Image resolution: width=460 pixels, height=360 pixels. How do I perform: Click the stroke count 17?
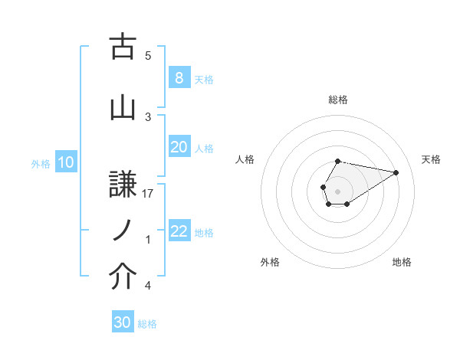[149, 194]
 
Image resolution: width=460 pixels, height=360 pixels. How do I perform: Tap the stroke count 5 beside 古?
[148, 55]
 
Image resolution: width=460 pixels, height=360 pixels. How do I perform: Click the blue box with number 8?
[179, 77]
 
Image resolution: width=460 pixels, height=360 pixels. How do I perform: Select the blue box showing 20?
[179, 147]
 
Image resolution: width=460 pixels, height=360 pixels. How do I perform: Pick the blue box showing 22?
[179, 231]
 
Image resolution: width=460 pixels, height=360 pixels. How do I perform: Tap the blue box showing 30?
[123, 322]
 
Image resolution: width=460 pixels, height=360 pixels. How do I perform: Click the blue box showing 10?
[66, 162]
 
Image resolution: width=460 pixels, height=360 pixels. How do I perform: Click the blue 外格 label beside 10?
[41, 163]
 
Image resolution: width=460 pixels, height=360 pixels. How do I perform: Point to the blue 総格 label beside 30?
[147, 324]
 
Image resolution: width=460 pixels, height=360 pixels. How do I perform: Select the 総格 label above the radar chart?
[337, 100]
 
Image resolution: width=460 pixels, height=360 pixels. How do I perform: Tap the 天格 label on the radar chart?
[431, 159]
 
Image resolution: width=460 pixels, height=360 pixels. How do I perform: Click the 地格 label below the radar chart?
[402, 262]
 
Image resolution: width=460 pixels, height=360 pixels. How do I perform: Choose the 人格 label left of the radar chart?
[245, 159]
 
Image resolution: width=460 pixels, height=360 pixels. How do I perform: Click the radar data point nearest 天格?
[396, 172]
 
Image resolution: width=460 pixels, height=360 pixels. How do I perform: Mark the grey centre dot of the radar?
[337, 190]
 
